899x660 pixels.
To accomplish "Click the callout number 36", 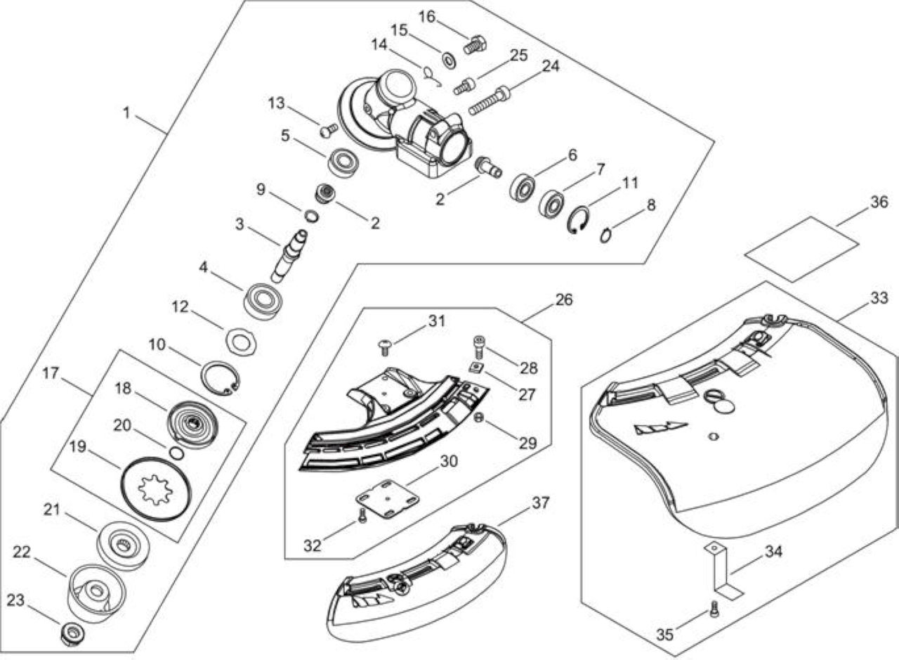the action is [x=879, y=202].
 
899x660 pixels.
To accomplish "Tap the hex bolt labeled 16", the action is [x=475, y=45].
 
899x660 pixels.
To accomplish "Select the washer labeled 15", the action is [x=449, y=60].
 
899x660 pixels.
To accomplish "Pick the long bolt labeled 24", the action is [x=490, y=101].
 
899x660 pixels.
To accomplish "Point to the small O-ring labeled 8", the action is [x=605, y=235].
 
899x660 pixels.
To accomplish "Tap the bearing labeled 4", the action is [x=263, y=302].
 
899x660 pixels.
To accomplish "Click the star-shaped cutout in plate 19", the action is [x=155, y=490].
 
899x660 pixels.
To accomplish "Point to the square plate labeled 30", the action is [x=387, y=498].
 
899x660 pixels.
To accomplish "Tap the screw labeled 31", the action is [x=385, y=347].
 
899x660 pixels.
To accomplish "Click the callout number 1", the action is [x=127, y=113].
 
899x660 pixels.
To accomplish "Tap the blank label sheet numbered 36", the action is [x=802, y=249].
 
